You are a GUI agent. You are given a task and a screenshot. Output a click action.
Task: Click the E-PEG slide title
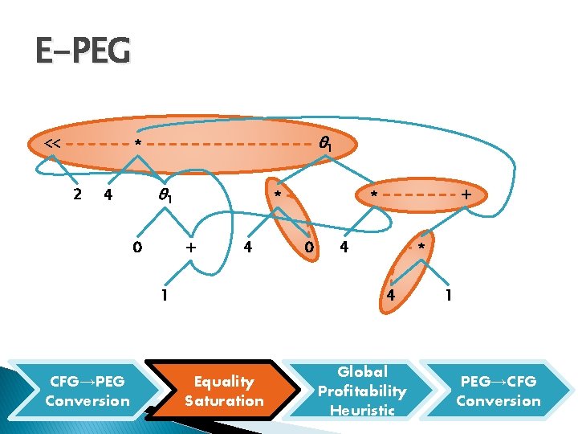(x=82, y=51)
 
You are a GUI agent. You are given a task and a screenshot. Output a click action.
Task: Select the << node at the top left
(x=53, y=144)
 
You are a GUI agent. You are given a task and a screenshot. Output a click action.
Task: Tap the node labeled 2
(x=76, y=194)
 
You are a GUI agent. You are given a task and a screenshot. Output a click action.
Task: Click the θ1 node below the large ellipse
(x=168, y=194)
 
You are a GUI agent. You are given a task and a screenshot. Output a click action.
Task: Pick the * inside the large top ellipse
(x=138, y=145)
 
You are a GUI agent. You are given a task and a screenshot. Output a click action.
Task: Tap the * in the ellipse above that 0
(x=277, y=196)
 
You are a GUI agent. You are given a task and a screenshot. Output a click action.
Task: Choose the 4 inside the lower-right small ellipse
(x=392, y=295)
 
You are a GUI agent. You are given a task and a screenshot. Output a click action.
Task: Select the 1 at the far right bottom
(x=450, y=295)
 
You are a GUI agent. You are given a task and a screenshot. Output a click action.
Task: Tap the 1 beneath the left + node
(x=164, y=295)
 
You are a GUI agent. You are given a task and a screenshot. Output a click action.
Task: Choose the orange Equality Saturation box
(x=224, y=391)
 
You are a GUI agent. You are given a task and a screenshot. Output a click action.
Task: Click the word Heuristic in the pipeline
(x=362, y=410)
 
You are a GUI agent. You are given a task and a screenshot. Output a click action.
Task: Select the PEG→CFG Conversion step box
(x=499, y=391)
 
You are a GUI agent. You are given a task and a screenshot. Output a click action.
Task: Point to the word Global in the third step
(x=362, y=372)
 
